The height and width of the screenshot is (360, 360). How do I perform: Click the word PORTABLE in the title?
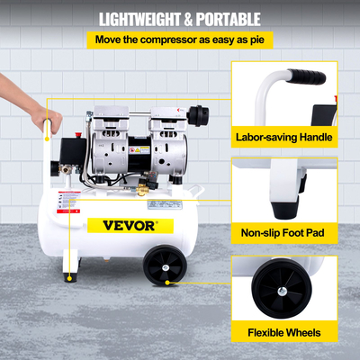point(228,18)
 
